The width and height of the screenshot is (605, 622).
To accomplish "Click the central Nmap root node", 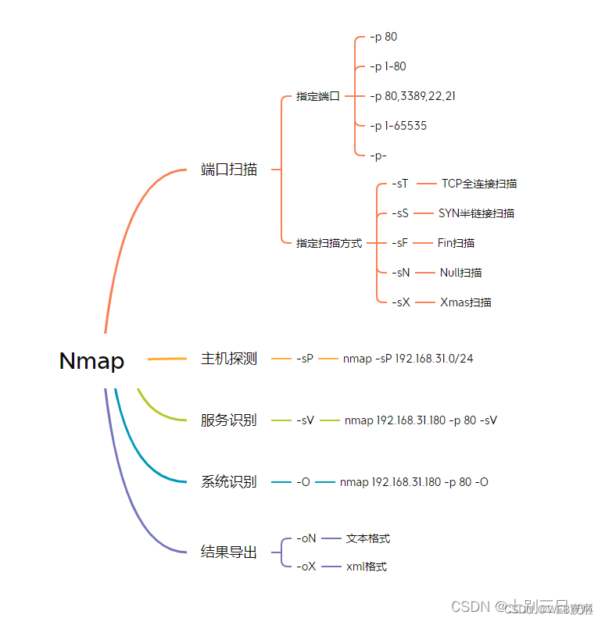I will [x=91, y=361].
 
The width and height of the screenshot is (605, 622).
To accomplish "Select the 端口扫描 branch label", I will [x=229, y=170].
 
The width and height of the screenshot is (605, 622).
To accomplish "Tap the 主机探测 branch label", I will [x=229, y=359].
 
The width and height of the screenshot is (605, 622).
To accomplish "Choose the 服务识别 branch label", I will [x=229, y=420].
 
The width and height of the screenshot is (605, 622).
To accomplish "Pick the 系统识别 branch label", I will [x=229, y=482].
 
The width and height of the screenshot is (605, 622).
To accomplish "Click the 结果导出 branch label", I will [x=229, y=552].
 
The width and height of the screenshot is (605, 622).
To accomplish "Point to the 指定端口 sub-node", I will [x=318, y=97].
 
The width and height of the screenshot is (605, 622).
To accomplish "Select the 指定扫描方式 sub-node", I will [x=329, y=243].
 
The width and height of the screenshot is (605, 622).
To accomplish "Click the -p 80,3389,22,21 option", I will [x=413, y=96].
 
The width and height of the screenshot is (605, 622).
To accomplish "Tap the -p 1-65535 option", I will [x=399, y=126].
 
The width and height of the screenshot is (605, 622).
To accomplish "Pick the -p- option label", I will [x=378, y=155].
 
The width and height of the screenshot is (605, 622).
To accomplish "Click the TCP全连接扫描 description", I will [x=479, y=184].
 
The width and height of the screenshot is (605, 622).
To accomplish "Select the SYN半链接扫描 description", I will [x=476, y=213].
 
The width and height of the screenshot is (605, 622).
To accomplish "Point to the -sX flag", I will [x=400, y=302].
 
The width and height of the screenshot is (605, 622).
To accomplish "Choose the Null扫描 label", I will [x=460, y=273].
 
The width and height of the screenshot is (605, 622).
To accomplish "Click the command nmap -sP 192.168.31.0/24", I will [x=408, y=359].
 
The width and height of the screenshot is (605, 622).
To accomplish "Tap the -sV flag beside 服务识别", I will [x=305, y=420].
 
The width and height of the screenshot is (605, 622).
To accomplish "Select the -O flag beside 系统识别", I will [x=303, y=482].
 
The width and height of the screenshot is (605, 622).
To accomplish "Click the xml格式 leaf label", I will [x=367, y=567].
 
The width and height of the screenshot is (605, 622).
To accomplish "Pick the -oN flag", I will [x=306, y=538].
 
